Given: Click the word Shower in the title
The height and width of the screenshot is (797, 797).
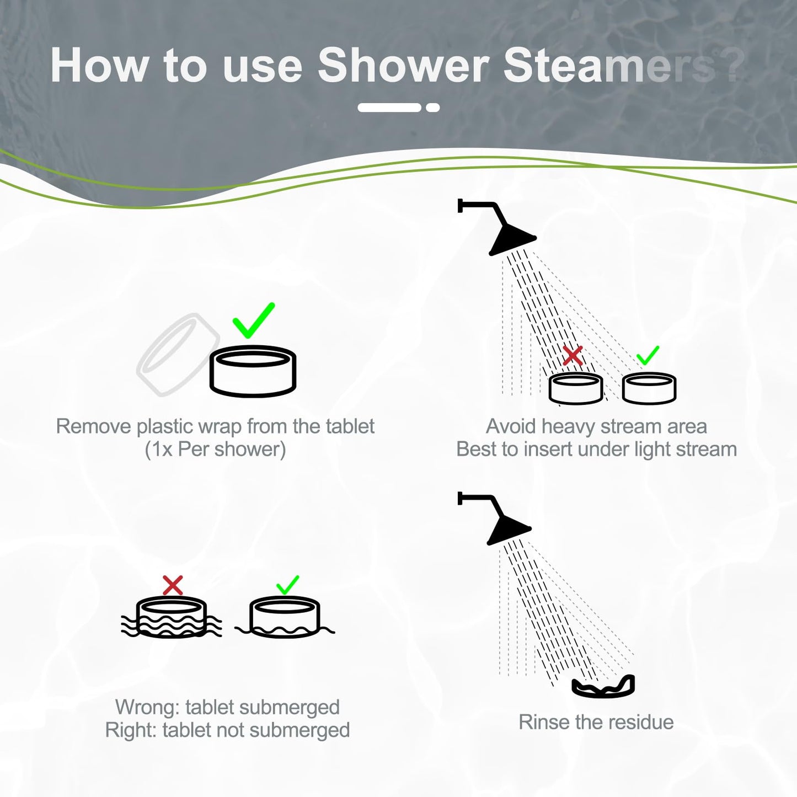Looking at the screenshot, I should pyautogui.click(x=403, y=66).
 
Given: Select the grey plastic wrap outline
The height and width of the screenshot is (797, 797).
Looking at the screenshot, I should pyautogui.click(x=175, y=354).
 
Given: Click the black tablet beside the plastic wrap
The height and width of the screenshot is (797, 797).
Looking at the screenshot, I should pyautogui.click(x=253, y=371).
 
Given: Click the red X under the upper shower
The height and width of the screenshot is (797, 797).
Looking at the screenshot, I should pyautogui.click(x=573, y=356).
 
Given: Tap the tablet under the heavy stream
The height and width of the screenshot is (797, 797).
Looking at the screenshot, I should pyautogui.click(x=576, y=388).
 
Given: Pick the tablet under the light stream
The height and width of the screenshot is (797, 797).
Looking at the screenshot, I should pyautogui.click(x=649, y=388).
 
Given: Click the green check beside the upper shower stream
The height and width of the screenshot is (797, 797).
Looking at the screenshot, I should pyautogui.click(x=648, y=356).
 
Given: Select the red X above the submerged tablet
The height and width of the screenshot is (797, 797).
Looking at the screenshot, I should pyautogui.click(x=173, y=585).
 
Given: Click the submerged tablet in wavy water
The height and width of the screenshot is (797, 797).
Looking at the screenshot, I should pyautogui.click(x=172, y=618).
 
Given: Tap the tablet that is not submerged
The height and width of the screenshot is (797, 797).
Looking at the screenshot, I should pyautogui.click(x=285, y=618).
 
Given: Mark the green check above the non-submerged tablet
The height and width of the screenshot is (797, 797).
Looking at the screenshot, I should pyautogui.click(x=287, y=585).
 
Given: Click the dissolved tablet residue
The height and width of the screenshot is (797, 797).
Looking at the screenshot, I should pyautogui.click(x=603, y=687).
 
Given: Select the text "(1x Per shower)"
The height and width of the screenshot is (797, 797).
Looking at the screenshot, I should pyautogui.click(x=215, y=449).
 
